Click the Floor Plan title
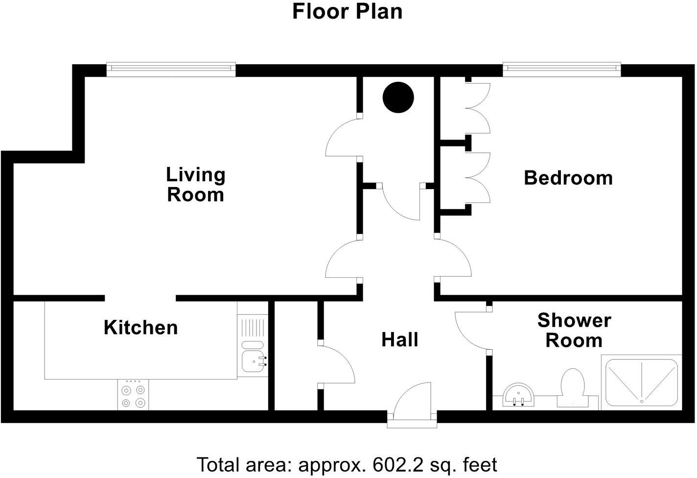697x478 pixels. coord(347,12)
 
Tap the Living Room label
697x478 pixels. coord(195,185)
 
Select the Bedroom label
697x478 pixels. coord(568,178)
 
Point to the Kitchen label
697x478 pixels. coord(140,328)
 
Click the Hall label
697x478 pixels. coord(400,339)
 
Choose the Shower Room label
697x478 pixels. coord(574,331)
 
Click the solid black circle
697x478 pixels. coord(398,97)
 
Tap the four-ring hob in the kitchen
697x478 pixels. coord(133,395)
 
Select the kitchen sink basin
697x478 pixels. coord(253,361)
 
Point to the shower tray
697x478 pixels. coord(642,382)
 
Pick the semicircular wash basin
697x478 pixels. coord(518,395)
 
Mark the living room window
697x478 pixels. coord(171,69)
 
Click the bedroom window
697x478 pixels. coord(561,69)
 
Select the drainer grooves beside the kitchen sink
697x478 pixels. coord(253,327)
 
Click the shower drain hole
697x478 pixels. coord(642,402)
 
